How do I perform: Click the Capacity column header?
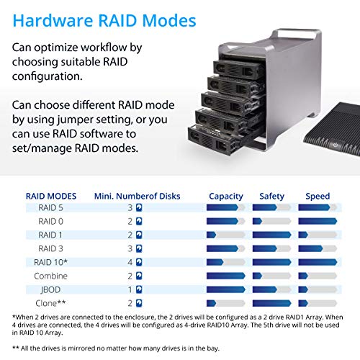pyautogui.click(x=225, y=195)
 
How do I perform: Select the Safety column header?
pyautogui.click(x=271, y=195)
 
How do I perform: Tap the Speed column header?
pyautogui.click(x=318, y=195)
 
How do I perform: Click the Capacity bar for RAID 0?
pyautogui.click(x=225, y=222)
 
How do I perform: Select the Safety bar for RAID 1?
pyautogui.click(x=271, y=235)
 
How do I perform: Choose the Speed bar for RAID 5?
pyautogui.click(x=318, y=208)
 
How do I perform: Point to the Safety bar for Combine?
pyautogui.click(x=271, y=276)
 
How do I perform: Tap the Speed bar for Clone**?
pyautogui.click(x=318, y=302)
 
